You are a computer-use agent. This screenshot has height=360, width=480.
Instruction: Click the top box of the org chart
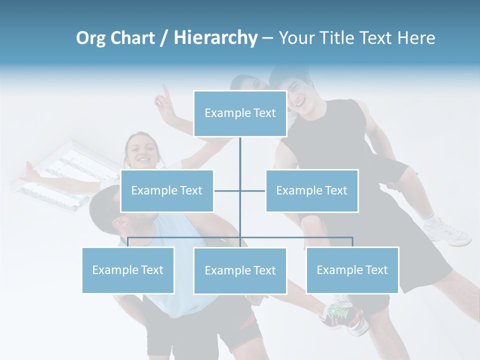[240, 113]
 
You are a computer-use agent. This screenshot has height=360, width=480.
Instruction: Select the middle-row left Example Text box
[167, 190]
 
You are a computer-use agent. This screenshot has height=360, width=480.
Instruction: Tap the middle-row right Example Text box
[311, 190]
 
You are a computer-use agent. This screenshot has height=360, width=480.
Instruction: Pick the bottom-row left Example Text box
[128, 270]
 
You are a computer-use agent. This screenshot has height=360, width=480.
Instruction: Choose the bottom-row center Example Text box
[240, 270]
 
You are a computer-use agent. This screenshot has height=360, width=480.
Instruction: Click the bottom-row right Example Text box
[352, 270]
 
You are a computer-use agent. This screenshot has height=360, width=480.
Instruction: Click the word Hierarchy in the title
[215, 38]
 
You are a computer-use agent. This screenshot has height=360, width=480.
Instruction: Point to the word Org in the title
[90, 38]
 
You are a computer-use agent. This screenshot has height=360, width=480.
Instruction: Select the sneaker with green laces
[342, 315]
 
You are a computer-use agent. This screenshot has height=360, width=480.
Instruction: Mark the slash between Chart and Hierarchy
[163, 38]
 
